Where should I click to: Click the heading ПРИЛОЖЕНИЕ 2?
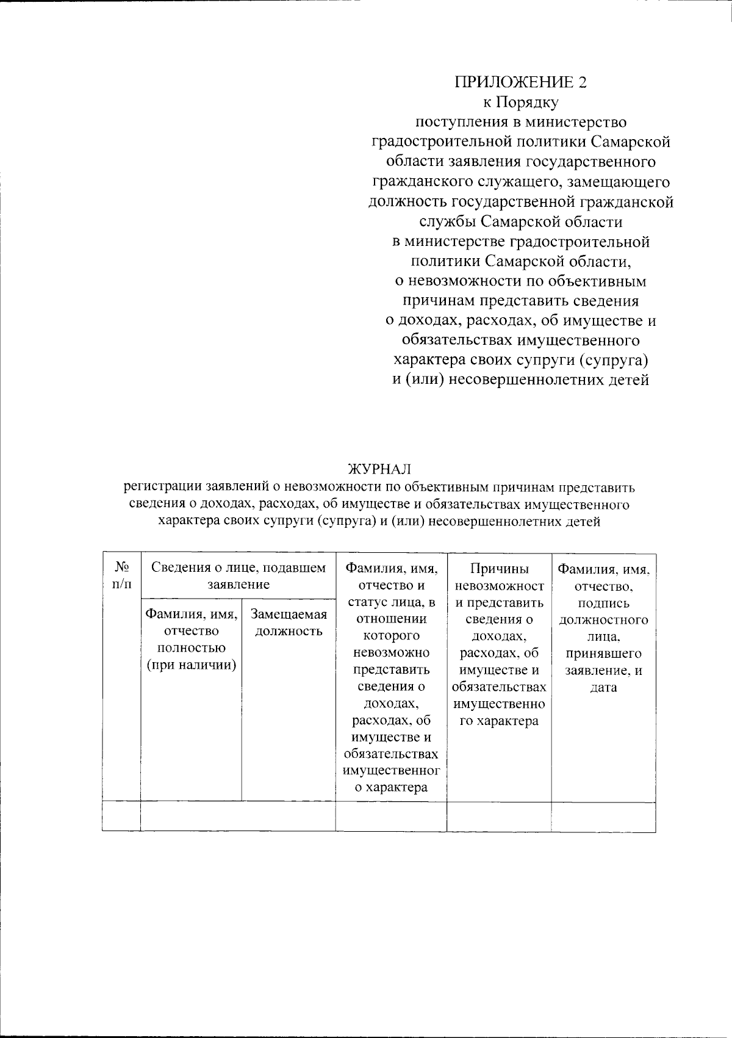(521, 82)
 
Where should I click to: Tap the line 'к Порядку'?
(521, 102)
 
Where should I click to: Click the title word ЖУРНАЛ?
(379, 469)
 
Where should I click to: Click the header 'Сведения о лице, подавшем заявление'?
(238, 575)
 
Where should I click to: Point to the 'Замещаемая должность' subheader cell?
(289, 623)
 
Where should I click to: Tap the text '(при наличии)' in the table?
(192, 664)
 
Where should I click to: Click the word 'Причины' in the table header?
(499, 569)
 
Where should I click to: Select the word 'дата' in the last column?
(603, 688)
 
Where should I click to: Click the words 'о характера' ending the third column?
(391, 787)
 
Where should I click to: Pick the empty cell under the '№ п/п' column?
(121, 816)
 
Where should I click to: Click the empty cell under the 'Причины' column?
(499, 816)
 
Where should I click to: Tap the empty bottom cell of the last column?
(603, 816)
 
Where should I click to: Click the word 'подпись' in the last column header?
(603, 604)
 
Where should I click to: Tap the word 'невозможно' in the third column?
(391, 652)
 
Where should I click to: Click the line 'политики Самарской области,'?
(521, 261)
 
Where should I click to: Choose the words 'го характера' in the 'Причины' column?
(499, 721)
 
